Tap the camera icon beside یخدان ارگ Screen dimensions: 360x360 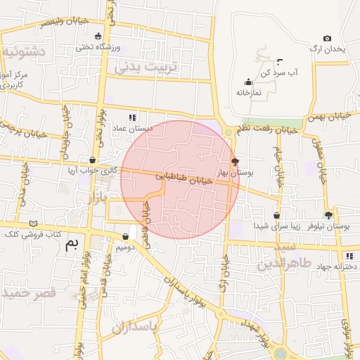coord(327,38)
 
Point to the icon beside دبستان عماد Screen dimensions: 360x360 coord(132,117)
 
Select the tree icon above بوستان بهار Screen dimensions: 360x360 coord(234,161)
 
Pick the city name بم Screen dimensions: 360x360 coord(71,245)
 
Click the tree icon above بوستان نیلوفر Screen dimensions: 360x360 coord(328,215)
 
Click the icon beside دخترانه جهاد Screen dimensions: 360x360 coord(349,256)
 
